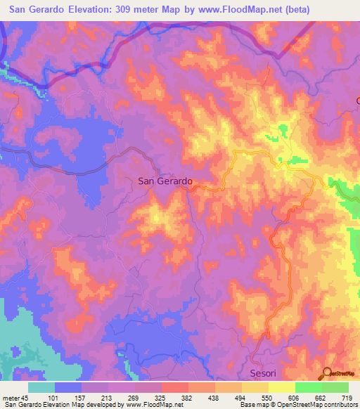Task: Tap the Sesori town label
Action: point(265,372)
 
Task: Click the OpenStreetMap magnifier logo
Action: point(327,372)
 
